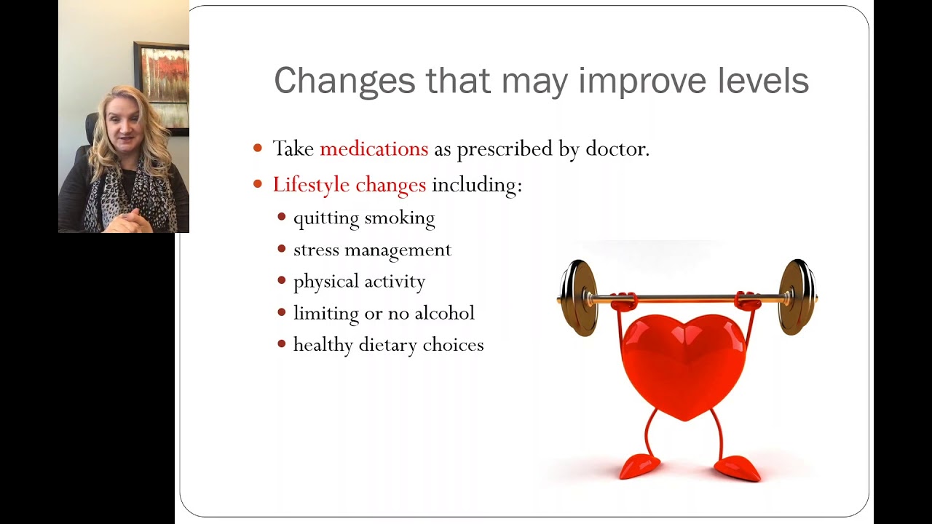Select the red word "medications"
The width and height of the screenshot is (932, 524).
[374, 149]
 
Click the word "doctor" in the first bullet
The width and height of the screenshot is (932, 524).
[615, 149]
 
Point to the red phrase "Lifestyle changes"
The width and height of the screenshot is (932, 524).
[349, 185]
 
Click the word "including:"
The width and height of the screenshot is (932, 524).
[477, 185]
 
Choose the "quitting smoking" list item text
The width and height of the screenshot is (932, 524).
[363, 218]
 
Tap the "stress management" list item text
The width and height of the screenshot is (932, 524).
[372, 250]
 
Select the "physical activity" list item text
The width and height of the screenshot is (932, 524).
[359, 282]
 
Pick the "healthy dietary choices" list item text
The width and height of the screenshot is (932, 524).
[388, 345]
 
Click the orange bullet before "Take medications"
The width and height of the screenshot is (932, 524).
[258, 148]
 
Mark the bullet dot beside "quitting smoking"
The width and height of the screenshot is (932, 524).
[282, 217]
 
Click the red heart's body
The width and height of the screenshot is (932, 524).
[683, 364]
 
